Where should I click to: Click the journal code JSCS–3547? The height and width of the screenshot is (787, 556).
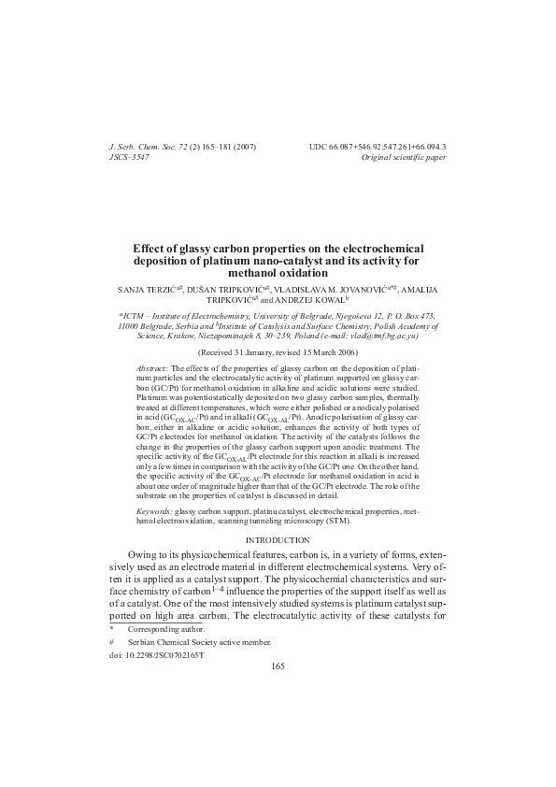130,160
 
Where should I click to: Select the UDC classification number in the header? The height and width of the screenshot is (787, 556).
378,149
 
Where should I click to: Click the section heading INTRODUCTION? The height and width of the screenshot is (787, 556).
278,541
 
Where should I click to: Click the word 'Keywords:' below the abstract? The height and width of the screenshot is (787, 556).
154,513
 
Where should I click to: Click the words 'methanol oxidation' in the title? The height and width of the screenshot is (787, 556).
278,274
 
